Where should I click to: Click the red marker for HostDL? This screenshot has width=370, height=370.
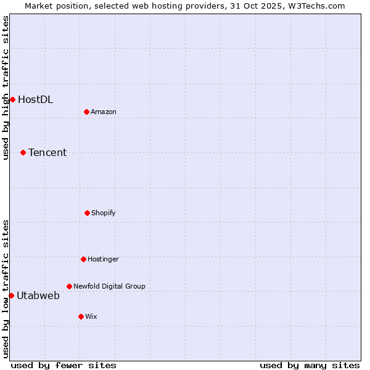tap(12, 99)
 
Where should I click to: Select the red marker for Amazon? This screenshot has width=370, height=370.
tap(87, 112)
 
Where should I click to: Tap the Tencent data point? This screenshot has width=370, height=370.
tap(23, 152)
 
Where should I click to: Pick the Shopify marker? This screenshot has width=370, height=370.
tap(87, 213)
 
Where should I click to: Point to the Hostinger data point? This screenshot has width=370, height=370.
tap(83, 259)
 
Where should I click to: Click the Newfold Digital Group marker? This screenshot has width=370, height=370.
tap(69, 286)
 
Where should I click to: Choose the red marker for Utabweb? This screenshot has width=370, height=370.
tap(11, 295)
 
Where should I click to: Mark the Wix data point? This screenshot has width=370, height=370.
tap(81, 316)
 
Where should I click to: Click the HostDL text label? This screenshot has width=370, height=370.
tap(35, 99)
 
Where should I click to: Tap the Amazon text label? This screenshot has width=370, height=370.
tap(104, 112)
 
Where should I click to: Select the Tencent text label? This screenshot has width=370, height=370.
tap(47, 152)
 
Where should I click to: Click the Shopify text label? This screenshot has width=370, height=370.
tap(104, 213)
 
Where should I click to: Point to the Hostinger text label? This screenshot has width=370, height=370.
tap(103, 259)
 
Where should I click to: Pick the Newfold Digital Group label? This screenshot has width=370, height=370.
tap(109, 286)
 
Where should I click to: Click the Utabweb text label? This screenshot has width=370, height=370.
tap(38, 295)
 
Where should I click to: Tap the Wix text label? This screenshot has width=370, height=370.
tap(91, 316)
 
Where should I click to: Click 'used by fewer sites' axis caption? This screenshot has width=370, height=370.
tap(64, 365)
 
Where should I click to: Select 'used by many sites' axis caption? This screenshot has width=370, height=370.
tap(310, 365)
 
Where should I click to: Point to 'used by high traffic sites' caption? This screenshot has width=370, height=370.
tap(6, 88)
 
